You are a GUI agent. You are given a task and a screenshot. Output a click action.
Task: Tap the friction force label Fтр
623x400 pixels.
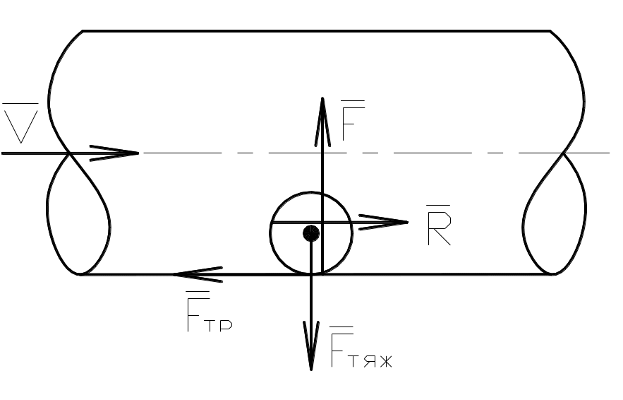click(208, 314)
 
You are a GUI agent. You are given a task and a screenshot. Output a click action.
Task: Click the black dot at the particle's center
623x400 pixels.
click(311, 233)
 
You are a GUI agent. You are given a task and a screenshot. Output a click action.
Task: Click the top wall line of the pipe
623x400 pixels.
click(317, 31)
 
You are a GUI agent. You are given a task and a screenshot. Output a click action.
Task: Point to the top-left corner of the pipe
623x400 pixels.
click(84, 31)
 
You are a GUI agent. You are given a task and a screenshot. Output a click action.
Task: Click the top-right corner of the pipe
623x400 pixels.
click(550, 31)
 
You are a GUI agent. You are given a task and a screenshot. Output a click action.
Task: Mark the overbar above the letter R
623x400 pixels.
click(439, 206)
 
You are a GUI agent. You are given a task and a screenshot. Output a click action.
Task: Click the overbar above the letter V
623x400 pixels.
click(20, 105)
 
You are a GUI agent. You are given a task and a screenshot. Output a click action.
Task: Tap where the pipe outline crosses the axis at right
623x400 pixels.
click(563, 153)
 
